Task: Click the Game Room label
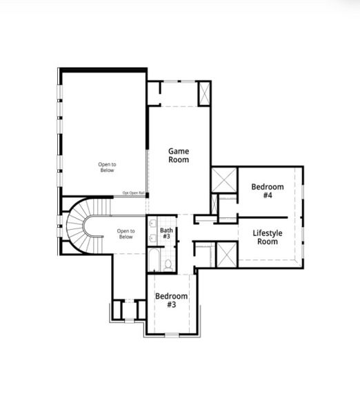point(179,155)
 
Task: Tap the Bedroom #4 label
point(267,191)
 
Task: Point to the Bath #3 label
point(166,234)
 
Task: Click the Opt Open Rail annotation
point(134,193)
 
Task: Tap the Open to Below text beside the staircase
point(126,234)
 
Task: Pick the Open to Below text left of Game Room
point(106,168)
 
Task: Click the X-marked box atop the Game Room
point(204,93)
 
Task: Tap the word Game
point(179,150)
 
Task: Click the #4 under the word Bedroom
point(267,196)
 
